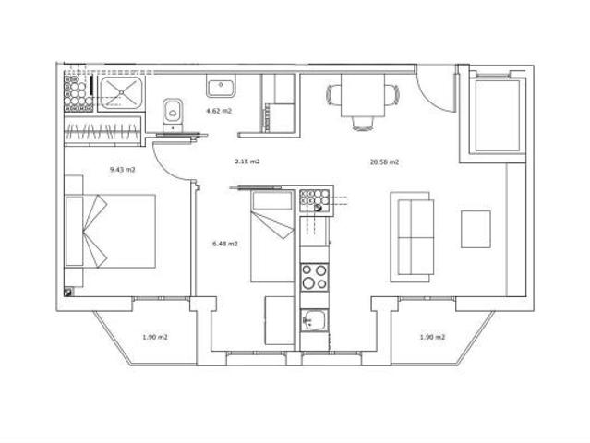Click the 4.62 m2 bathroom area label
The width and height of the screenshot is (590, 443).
coord(219,111)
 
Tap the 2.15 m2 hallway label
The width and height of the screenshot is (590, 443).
coord(245,162)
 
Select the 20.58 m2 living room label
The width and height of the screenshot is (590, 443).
coord(384,162)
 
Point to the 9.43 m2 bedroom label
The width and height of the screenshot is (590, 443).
coord(122,170)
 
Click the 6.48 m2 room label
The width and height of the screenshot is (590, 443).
coord(225,244)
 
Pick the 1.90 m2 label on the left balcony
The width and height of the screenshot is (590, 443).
coord(155,337)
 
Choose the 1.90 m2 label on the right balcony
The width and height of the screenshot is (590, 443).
coord(432,337)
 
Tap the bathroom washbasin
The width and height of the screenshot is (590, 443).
coord(221,88)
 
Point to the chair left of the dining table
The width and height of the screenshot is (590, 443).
coord(333,94)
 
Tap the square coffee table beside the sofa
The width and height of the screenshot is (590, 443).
coord(476,229)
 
